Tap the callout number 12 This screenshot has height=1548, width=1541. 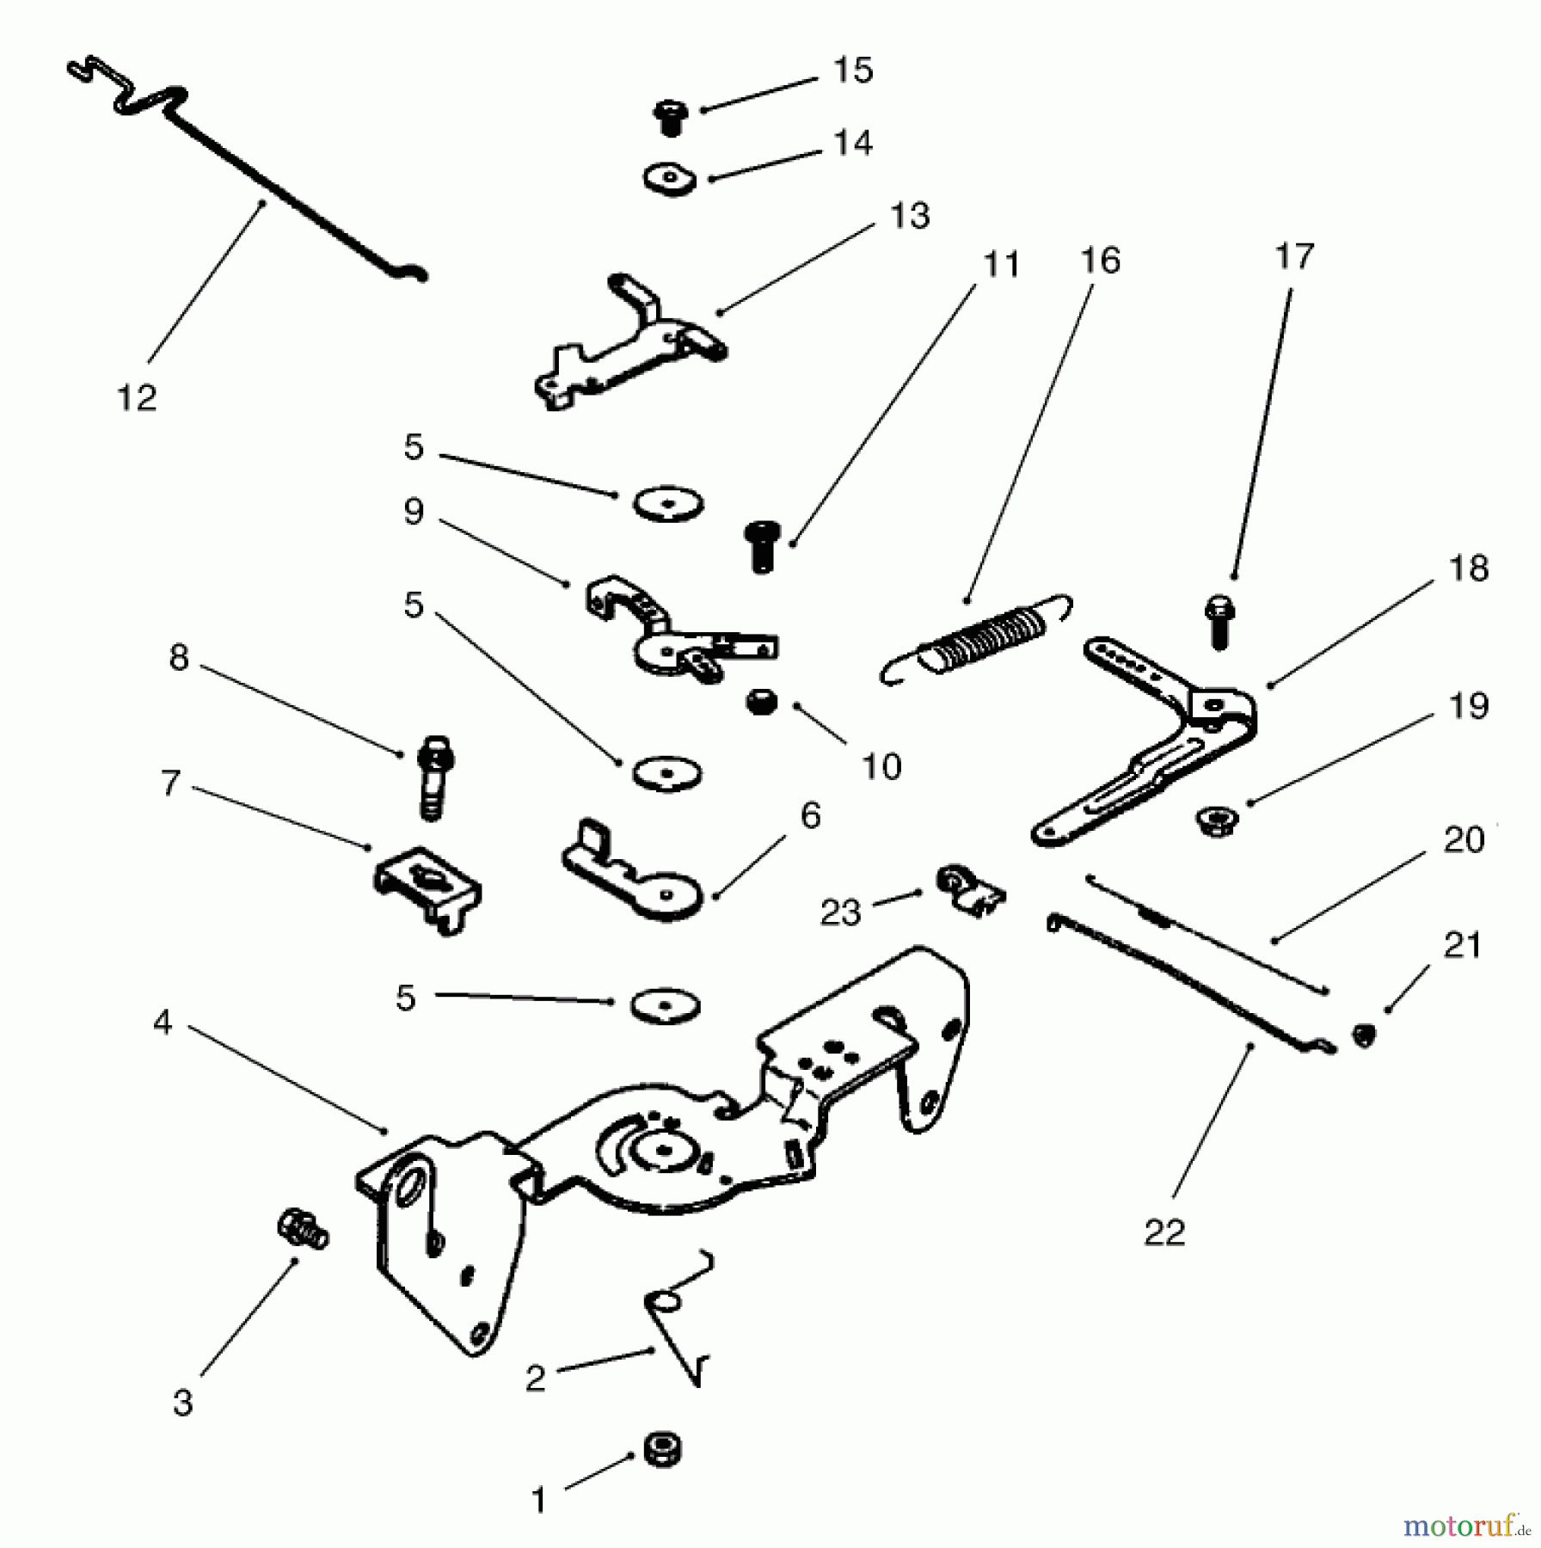pos(137,398)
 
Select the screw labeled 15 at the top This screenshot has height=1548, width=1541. pos(670,117)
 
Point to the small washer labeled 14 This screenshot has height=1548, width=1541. pos(670,180)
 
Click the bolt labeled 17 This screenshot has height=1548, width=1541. pos(1219,621)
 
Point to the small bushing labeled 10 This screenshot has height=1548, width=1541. pos(760,703)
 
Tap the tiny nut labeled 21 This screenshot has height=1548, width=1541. pos(1363,1035)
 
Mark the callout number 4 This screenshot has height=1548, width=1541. pos(163,1023)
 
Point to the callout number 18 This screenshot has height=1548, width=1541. pos(1468,568)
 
